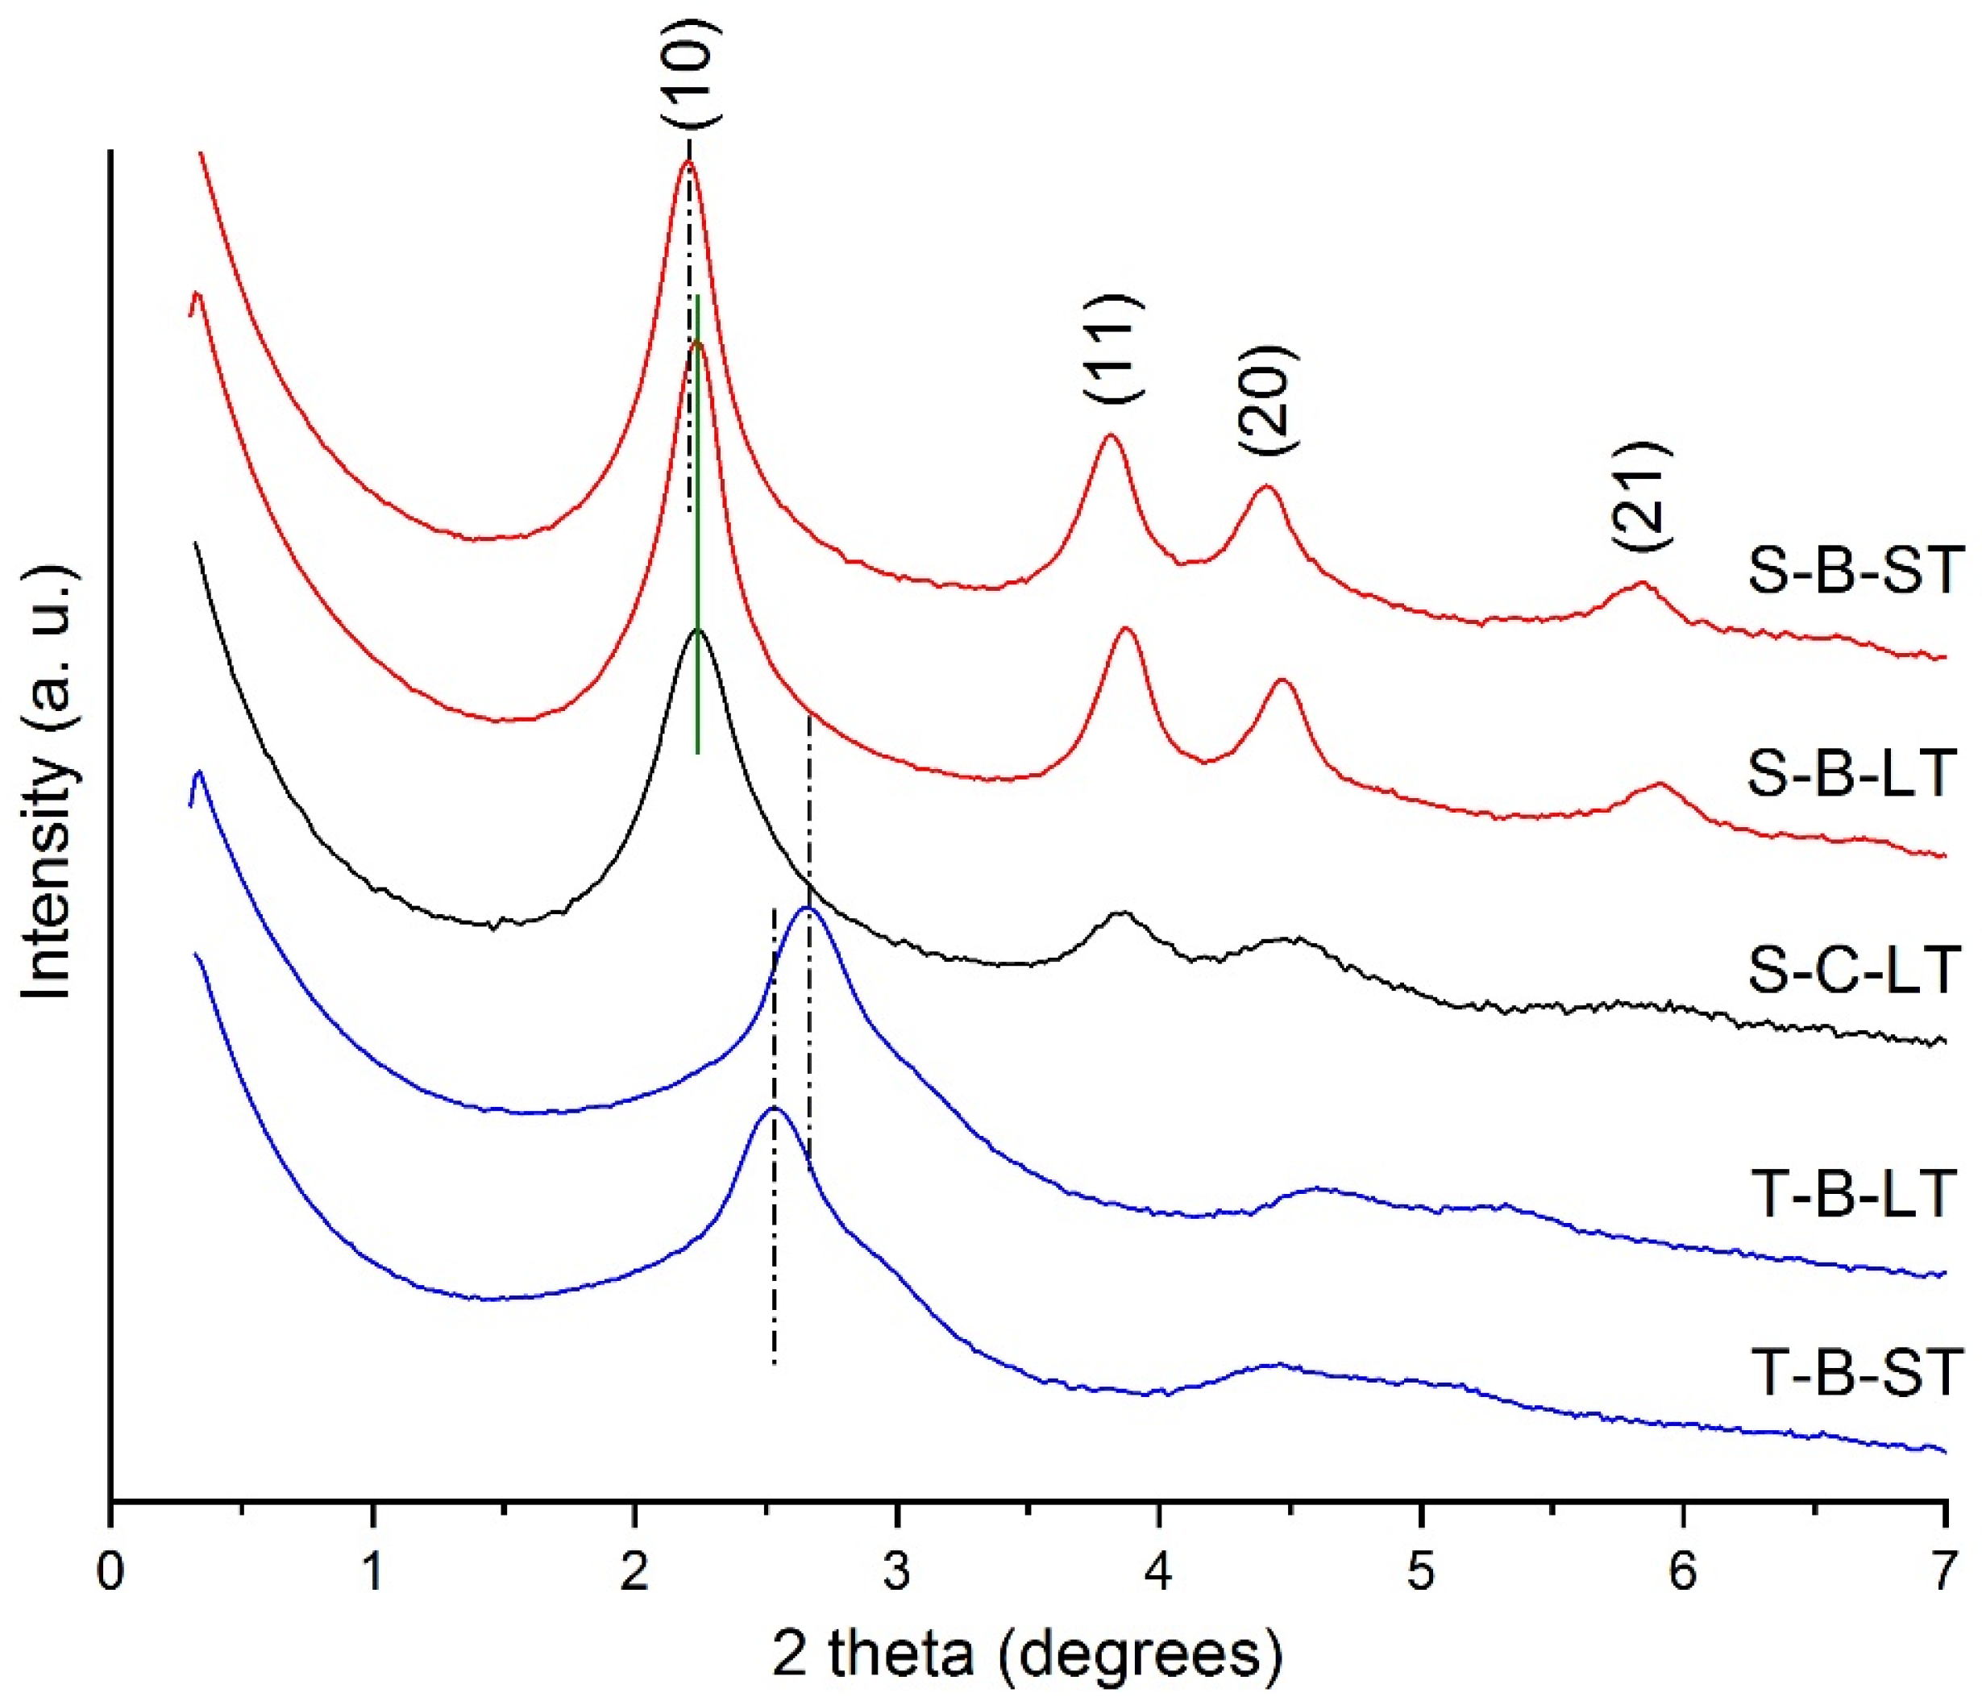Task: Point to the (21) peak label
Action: click(1643, 496)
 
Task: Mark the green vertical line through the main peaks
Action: click(698, 526)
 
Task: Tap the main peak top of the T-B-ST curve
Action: click(774, 1108)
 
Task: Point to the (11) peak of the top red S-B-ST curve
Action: click(1110, 435)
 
